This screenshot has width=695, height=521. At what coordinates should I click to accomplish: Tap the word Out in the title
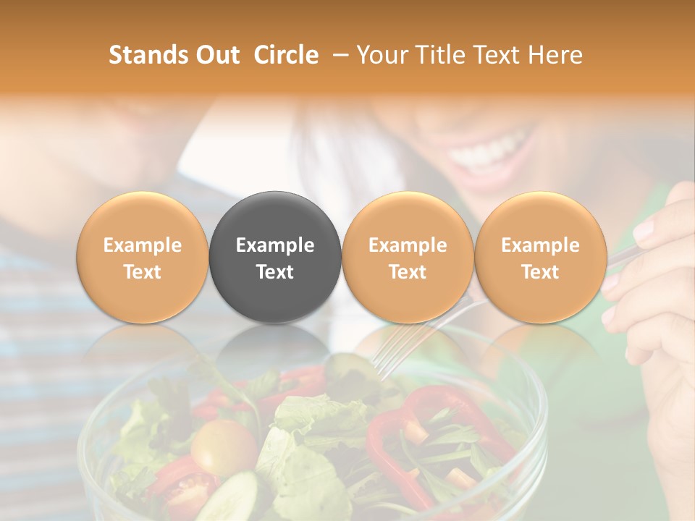click(x=217, y=55)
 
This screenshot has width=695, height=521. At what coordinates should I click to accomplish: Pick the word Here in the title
click(x=555, y=55)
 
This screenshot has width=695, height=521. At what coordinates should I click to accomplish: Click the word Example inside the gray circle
click(x=275, y=245)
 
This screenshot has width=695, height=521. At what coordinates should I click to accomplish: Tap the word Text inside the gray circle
click(x=275, y=272)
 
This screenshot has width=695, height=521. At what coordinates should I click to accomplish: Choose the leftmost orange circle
click(x=142, y=257)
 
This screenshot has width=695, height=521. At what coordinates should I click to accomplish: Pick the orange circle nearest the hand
click(x=541, y=257)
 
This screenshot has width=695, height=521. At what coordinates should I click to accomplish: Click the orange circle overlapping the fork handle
click(x=408, y=257)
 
